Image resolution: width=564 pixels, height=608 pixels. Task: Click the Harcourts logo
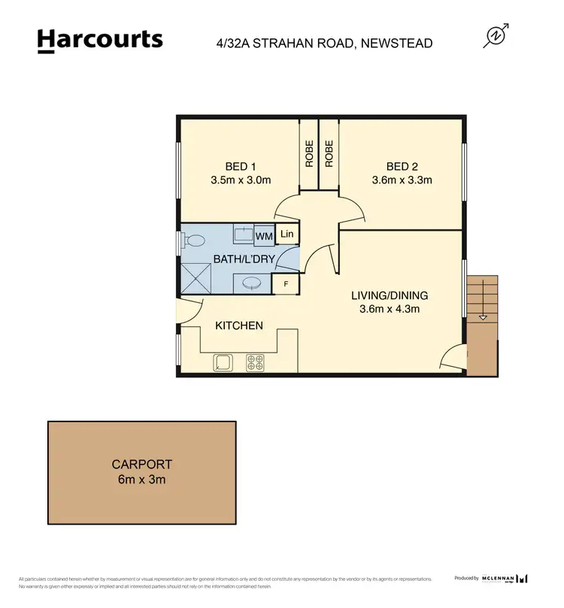tap(99, 40)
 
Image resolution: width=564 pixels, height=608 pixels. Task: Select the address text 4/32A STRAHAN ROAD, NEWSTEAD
tap(324, 44)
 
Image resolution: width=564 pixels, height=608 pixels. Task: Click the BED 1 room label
tap(241, 167)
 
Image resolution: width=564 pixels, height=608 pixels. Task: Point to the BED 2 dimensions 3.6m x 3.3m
tap(402, 180)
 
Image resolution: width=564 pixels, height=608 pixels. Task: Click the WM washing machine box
tap(264, 237)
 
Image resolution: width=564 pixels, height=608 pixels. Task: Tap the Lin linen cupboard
tap(287, 234)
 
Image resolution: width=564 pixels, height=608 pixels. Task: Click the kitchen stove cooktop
tap(256, 362)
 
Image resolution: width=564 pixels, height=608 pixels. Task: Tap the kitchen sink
tap(223, 362)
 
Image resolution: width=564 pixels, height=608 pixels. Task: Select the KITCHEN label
tap(239, 325)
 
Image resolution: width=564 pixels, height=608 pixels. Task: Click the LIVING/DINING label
tap(390, 295)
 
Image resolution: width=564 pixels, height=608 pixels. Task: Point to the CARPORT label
tap(142, 464)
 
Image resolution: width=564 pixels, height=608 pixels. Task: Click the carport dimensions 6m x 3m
tap(142, 479)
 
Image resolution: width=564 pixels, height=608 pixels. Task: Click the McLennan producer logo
tap(505, 578)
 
